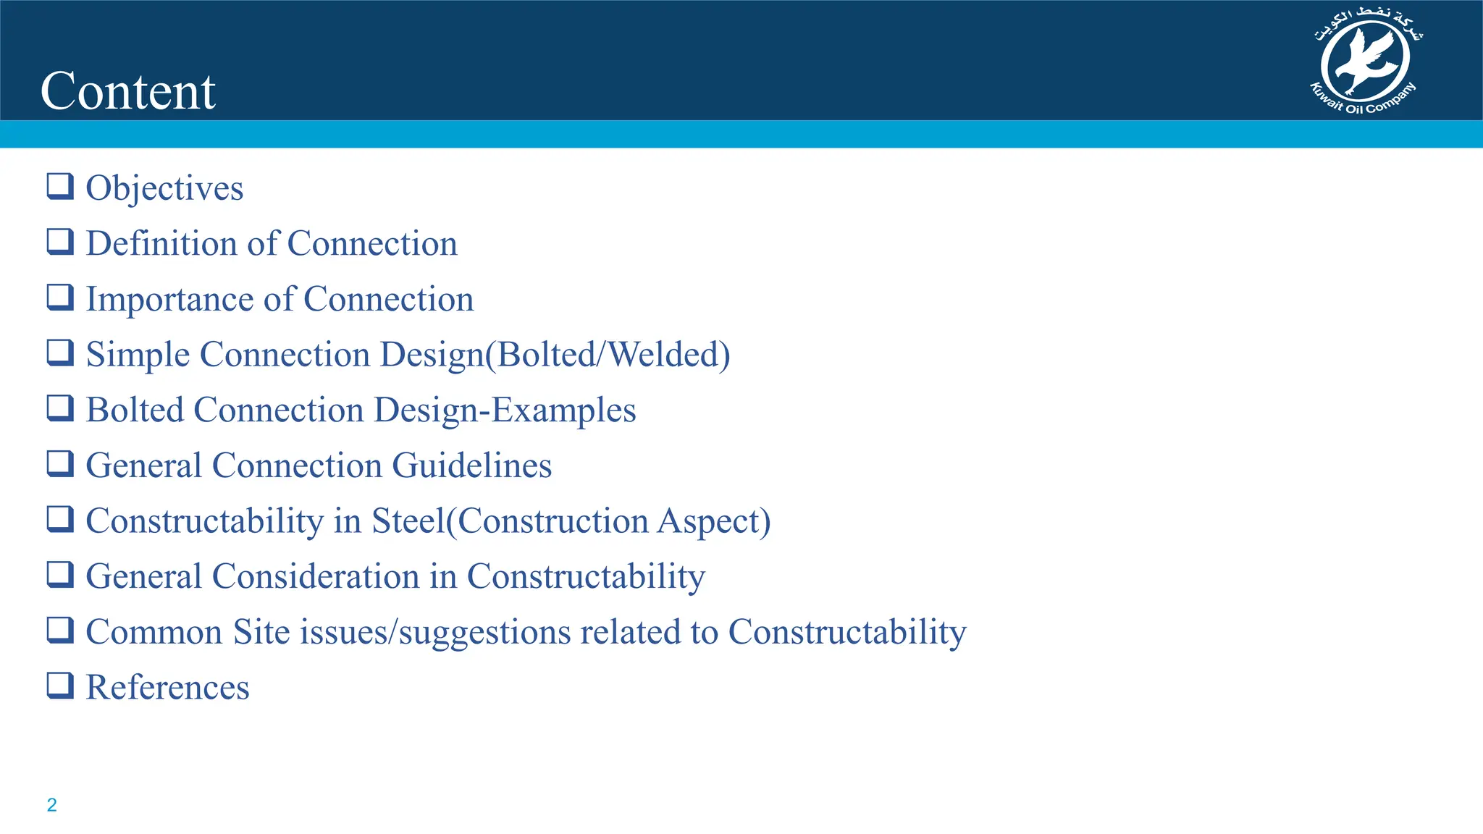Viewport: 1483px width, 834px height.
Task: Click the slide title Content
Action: pyautogui.click(x=128, y=91)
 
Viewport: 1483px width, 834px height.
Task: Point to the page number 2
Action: pyautogui.click(x=51, y=805)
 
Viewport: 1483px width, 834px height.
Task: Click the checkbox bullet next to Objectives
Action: pyautogui.click(x=60, y=186)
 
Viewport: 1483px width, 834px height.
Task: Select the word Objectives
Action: pyautogui.click(x=164, y=189)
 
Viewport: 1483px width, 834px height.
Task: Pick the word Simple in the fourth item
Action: pyautogui.click(x=138, y=355)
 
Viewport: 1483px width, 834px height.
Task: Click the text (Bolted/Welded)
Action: pyautogui.click(x=607, y=355)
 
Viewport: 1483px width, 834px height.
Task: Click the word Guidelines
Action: pyautogui.click(x=472, y=466)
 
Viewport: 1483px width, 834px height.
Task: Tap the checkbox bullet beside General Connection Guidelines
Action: pyautogui.click(x=60, y=463)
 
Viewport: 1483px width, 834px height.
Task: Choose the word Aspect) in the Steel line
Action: pyautogui.click(x=714, y=521)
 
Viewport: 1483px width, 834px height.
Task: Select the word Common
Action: pyautogui.click(x=154, y=632)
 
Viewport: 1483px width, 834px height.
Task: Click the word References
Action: pyautogui.click(x=167, y=687)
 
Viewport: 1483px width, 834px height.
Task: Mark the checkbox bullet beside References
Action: pyautogui.click(x=60, y=685)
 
